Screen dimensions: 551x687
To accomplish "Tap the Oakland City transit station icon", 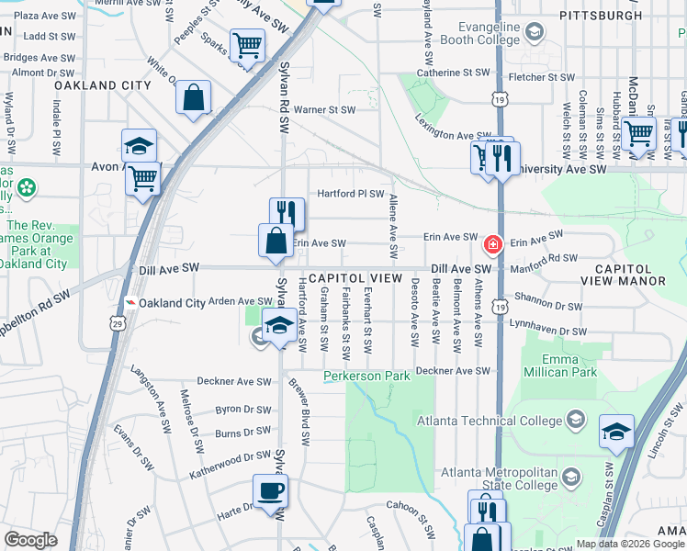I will tap(130, 303).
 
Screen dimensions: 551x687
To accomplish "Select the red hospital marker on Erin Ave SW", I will tap(493, 244).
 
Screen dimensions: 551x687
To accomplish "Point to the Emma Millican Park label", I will tap(559, 365).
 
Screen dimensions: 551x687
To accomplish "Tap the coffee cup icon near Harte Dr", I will tap(270, 490).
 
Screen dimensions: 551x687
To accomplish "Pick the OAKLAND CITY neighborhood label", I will tap(102, 85).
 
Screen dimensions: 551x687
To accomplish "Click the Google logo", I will tap(30, 540).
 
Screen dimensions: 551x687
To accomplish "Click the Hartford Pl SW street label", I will tap(350, 194).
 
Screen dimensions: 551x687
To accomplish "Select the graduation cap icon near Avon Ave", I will tap(139, 146).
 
